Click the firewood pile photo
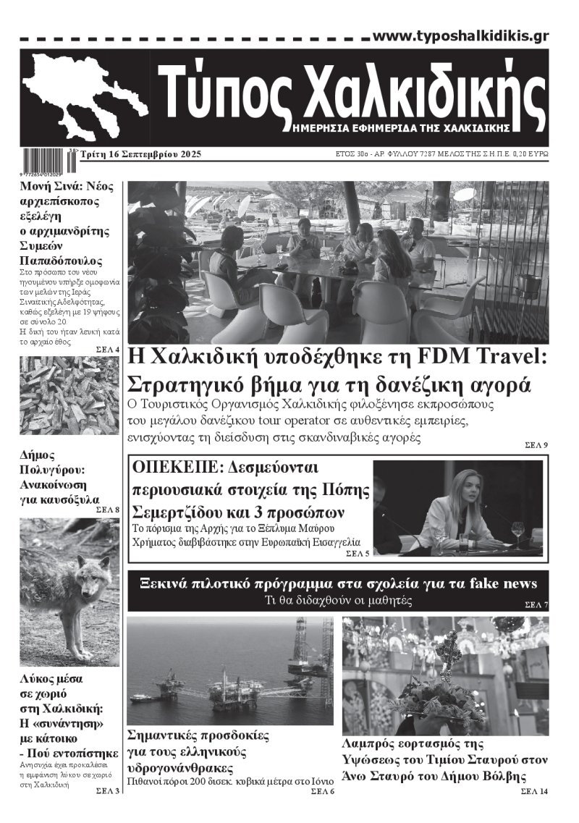click(69, 395)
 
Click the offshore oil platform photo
click(229, 670)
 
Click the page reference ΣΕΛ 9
click(536, 444)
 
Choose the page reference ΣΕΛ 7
click(536, 604)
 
